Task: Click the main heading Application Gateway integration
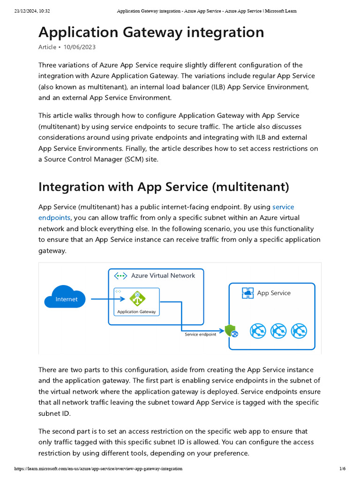click(x=151, y=32)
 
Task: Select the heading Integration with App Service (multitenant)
click(x=164, y=187)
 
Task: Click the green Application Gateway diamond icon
click(x=137, y=298)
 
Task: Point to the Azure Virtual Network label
click(x=163, y=276)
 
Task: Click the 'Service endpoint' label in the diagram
click(x=200, y=334)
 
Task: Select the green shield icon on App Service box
click(x=231, y=331)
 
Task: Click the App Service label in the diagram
click(x=273, y=293)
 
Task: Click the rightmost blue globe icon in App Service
click(x=299, y=331)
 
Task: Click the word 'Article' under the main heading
click(x=47, y=47)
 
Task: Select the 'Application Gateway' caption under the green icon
click(x=136, y=312)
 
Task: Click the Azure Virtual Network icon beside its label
click(x=121, y=276)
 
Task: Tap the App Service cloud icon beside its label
click(x=247, y=293)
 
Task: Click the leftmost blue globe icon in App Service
click(x=258, y=331)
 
